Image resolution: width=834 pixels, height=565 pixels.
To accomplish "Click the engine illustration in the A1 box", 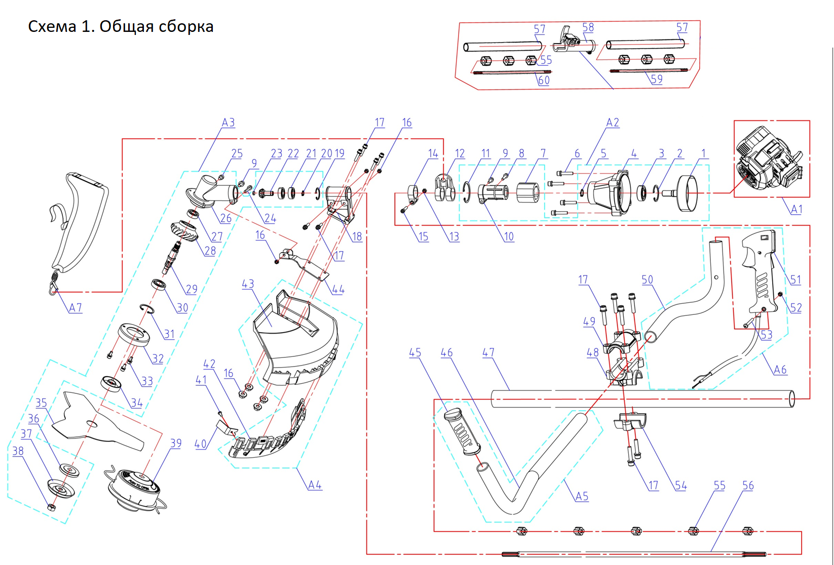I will [x=770, y=158].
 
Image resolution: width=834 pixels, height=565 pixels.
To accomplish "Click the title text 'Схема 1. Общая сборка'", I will [x=121, y=26].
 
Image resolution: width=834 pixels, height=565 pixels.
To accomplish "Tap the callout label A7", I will [x=75, y=308].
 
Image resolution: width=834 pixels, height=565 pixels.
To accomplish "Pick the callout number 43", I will [x=248, y=284].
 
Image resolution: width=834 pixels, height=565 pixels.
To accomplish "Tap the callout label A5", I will [x=582, y=497].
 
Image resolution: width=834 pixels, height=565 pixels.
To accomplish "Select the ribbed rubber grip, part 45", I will [x=462, y=430].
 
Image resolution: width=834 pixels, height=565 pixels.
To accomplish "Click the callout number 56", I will [x=748, y=486].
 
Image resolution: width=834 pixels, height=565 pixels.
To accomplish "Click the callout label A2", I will [x=613, y=123].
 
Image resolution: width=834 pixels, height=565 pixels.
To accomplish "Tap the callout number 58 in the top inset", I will [x=588, y=28].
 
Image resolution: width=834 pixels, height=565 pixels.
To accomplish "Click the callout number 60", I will [x=544, y=80].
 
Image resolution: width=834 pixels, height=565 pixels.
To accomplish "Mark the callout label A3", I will [x=228, y=123].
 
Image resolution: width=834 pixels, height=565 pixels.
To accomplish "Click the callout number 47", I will [x=488, y=352].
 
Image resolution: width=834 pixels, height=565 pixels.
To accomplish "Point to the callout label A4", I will [x=315, y=485].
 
